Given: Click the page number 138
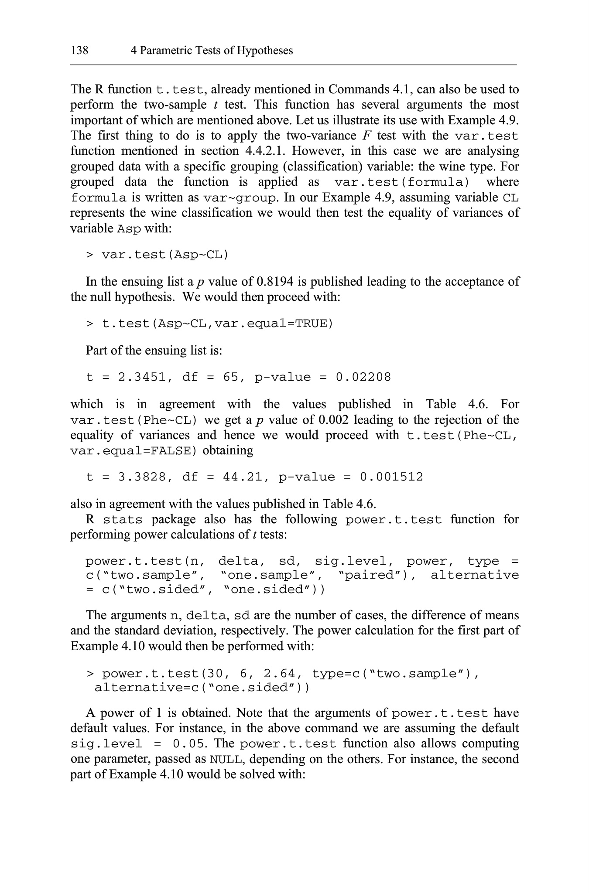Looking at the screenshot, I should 79,51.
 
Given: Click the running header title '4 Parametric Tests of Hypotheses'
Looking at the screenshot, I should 212,51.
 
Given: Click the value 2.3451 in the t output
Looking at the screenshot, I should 142,377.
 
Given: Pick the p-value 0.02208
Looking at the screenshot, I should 363,377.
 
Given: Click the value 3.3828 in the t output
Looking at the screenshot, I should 142,477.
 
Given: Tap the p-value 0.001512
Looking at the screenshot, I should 391,477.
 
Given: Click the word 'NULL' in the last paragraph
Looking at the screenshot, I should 225,760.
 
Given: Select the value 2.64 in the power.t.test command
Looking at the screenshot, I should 279,674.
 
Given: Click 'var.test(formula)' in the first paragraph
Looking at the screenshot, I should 401,182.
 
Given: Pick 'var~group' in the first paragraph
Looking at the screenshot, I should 240,198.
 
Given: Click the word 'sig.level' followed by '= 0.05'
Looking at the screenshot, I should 106,744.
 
